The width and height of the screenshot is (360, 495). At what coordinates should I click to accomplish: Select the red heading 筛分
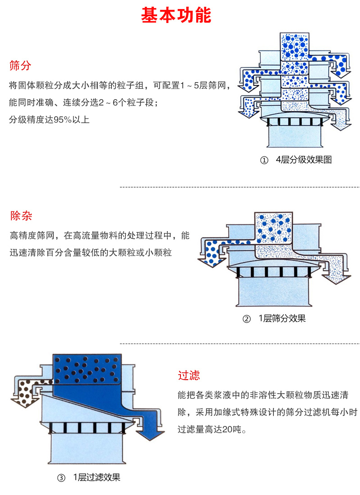[20, 66]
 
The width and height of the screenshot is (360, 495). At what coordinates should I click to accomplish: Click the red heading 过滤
[189, 375]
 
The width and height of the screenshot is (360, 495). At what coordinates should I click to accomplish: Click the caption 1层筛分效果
[282, 319]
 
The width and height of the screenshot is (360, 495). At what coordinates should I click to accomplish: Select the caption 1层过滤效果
[97, 477]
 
